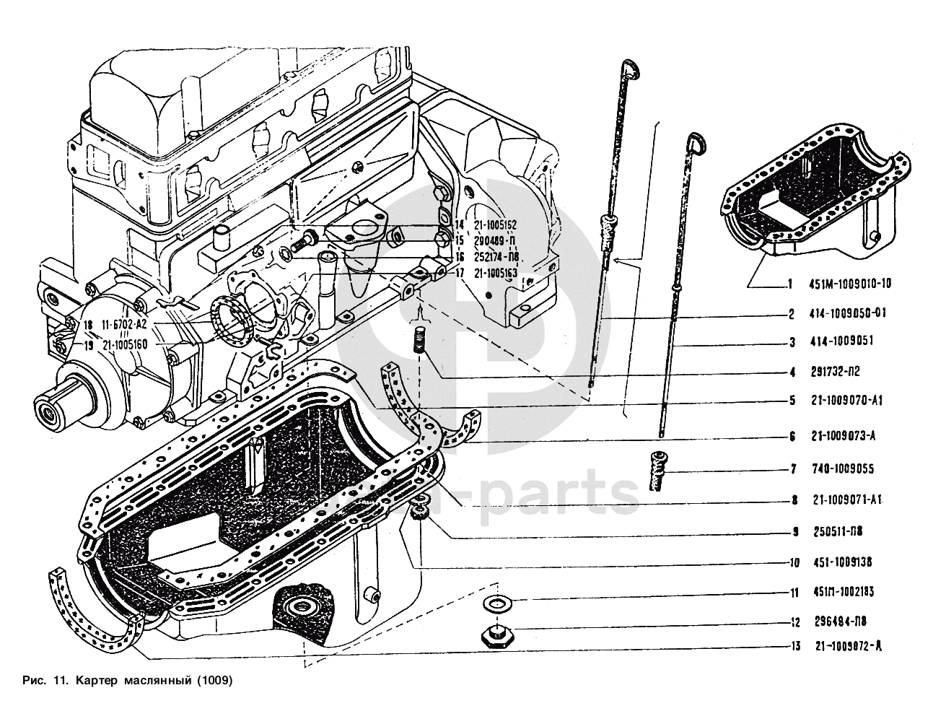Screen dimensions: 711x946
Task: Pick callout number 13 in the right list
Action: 794,647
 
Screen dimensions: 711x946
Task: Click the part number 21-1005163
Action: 496,273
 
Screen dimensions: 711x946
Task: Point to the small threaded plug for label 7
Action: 657,470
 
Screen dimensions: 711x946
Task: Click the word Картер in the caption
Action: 95,680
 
